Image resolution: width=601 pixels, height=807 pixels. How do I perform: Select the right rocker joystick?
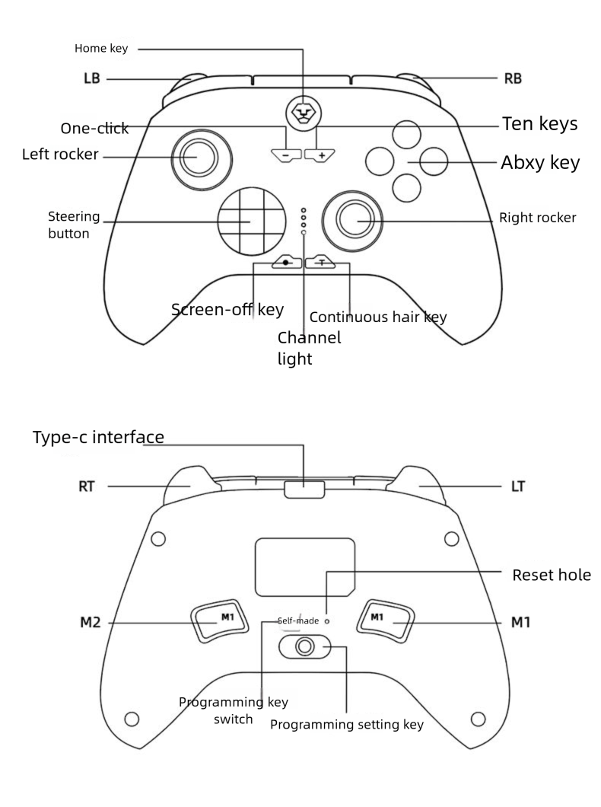tap(354, 219)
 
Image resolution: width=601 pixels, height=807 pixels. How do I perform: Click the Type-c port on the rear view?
tap(304, 489)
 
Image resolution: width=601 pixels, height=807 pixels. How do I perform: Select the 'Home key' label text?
tap(101, 49)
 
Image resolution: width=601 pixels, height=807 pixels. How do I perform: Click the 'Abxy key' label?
tap(539, 162)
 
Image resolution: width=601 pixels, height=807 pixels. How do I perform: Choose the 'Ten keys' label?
tap(540, 124)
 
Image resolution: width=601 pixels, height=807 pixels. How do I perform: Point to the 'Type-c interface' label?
tap(98, 437)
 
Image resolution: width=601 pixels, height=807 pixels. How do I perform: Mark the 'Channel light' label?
tap(309, 348)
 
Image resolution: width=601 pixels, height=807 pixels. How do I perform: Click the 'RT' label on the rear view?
tap(87, 485)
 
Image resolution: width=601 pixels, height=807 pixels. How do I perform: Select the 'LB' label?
tap(93, 78)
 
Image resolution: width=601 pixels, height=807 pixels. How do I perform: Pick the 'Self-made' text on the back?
tap(298, 620)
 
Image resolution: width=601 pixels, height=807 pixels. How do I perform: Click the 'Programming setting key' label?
tap(347, 725)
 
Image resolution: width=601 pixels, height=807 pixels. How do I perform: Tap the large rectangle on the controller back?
tap(304, 567)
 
